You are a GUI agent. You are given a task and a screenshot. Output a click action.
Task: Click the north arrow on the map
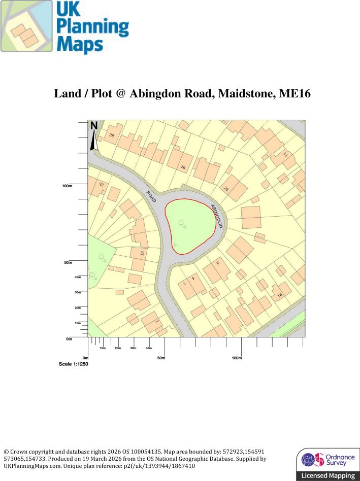[x=94, y=136]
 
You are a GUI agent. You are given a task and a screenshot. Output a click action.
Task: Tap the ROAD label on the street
[x=152, y=198]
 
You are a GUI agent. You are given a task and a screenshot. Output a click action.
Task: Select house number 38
[x=111, y=135]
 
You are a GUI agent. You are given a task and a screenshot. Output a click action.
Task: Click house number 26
[x=183, y=167]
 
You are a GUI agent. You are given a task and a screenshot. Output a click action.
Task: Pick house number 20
[x=226, y=189]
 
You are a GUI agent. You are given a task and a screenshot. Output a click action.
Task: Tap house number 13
[x=143, y=253]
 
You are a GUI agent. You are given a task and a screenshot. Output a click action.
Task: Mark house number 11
[x=285, y=154]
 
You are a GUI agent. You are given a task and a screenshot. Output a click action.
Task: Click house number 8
[x=218, y=263]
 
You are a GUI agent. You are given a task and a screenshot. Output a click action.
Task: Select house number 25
[x=101, y=185]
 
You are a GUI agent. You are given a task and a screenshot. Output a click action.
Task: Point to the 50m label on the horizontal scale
[x=161, y=358]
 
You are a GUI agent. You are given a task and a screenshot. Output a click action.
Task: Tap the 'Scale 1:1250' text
[x=74, y=364]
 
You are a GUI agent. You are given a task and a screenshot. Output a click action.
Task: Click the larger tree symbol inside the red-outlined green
[x=181, y=222]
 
